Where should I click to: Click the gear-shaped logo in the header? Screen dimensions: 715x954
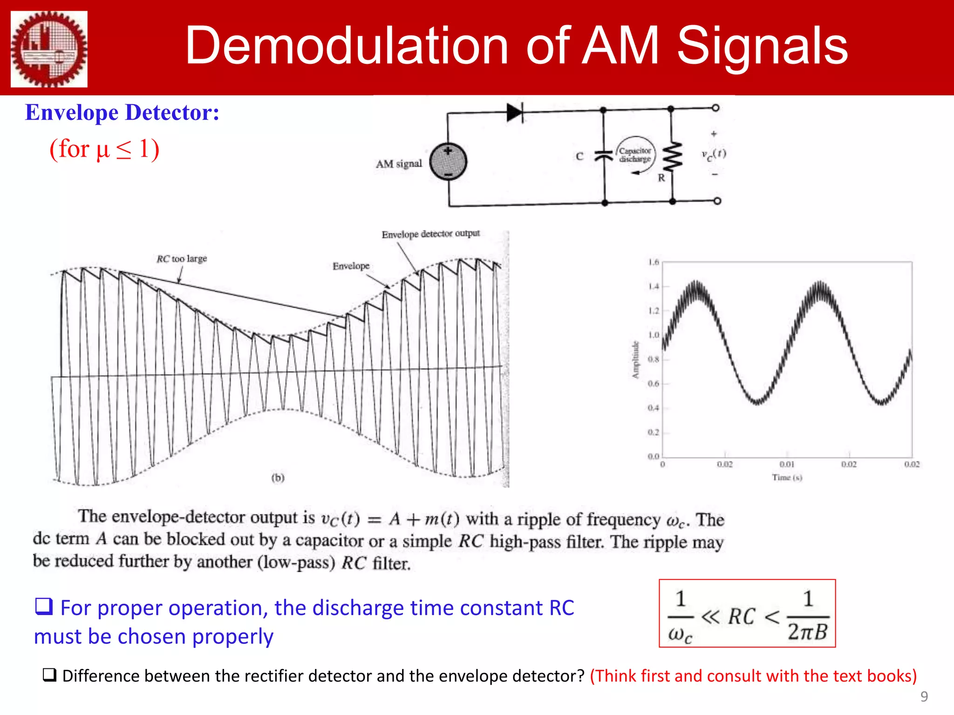click(x=49, y=49)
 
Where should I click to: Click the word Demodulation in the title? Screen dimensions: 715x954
click(x=347, y=46)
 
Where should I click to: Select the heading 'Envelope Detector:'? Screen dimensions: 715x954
click(x=122, y=113)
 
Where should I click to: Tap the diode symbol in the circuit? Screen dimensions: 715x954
click(x=515, y=112)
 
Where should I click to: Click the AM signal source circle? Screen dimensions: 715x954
click(x=448, y=162)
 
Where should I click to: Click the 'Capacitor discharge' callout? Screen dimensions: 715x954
click(x=635, y=155)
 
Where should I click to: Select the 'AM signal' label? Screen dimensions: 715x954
click(x=399, y=164)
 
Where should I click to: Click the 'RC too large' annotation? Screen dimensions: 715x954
click(x=182, y=259)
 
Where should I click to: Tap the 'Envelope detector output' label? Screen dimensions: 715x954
click(x=430, y=234)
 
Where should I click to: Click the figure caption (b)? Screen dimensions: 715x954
click(x=278, y=478)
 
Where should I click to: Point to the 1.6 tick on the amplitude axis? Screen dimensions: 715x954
click(x=654, y=262)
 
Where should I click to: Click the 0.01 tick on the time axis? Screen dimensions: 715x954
click(x=787, y=464)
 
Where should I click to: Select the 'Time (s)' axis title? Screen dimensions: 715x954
click(x=787, y=478)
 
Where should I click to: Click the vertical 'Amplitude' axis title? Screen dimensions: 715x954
click(x=635, y=360)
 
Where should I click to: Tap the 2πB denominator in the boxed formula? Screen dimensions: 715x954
click(x=807, y=632)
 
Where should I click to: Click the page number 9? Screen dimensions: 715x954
click(x=924, y=696)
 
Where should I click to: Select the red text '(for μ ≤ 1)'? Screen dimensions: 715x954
click(x=104, y=149)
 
